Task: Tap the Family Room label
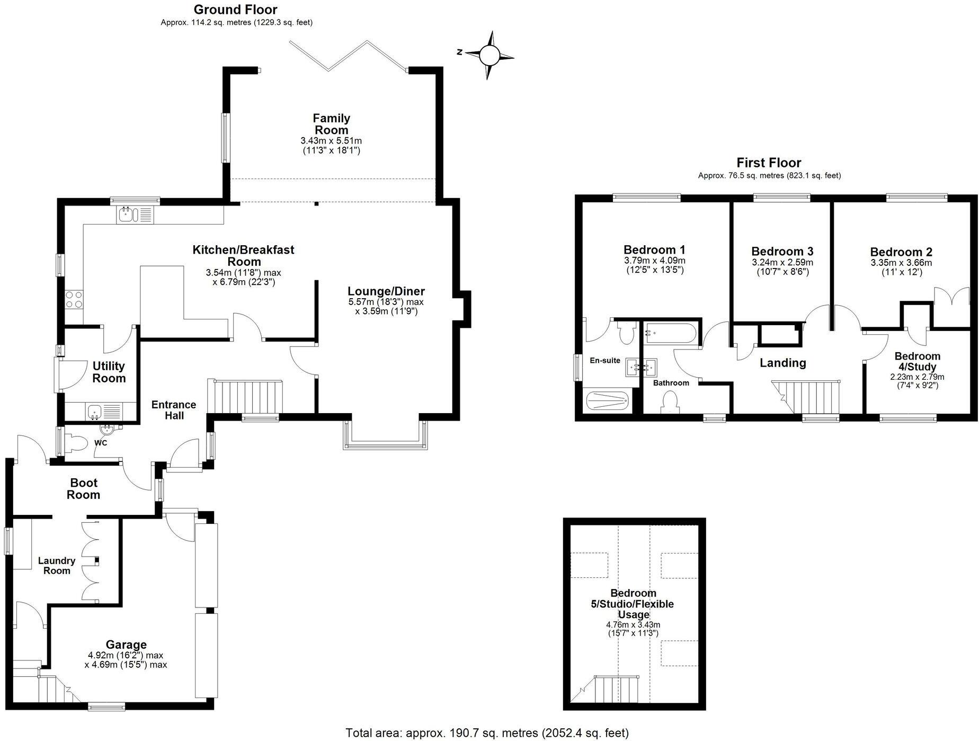(331, 124)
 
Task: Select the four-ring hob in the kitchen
(74, 300)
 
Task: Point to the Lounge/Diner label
(386, 291)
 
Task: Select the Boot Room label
(84, 488)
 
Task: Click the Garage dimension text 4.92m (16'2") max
(126, 655)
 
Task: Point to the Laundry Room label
(57, 565)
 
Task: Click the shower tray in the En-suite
(607, 400)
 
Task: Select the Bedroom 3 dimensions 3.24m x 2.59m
(782, 262)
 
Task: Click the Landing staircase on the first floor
(809, 397)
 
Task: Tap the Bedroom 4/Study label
(917, 361)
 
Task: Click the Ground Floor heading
(235, 10)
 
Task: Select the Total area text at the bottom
(486, 733)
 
